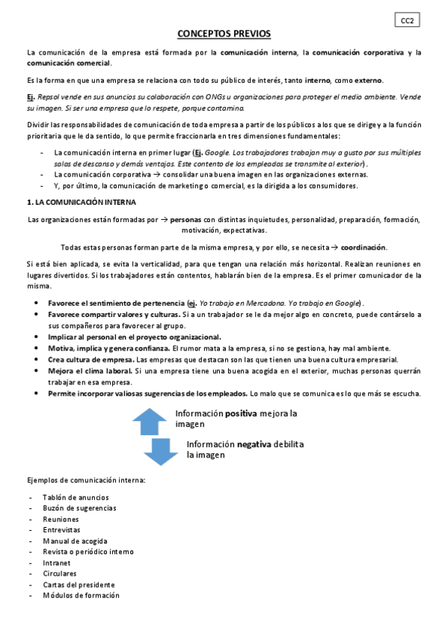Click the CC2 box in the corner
(x=406, y=21)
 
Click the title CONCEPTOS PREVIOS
(x=224, y=34)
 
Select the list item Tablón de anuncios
(x=76, y=497)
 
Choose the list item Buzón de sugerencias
(x=79, y=508)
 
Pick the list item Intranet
(x=57, y=563)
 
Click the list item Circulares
(x=60, y=573)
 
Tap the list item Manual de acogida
(x=75, y=541)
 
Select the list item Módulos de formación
(x=81, y=596)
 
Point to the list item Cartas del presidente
(x=79, y=585)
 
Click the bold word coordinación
(x=364, y=247)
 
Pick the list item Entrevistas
(x=61, y=529)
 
